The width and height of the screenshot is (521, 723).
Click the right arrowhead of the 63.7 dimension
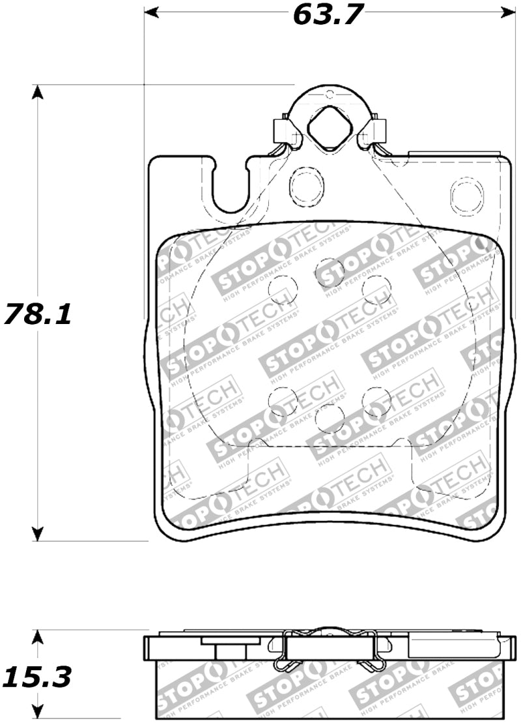tap(508, 12)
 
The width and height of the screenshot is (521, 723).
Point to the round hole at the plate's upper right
tap(467, 193)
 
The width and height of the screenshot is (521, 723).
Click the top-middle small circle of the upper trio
tap(330, 271)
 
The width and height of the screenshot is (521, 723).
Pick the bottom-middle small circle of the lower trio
tap(330, 418)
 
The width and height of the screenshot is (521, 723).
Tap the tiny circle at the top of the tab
tap(329, 95)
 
